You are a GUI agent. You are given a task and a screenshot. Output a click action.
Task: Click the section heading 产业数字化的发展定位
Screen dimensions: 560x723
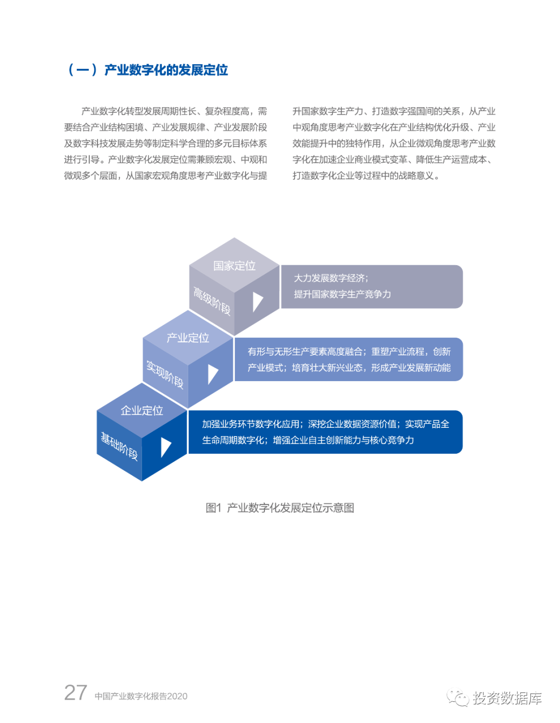click(166, 70)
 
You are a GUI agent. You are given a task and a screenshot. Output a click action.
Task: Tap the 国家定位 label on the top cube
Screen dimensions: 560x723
click(234, 266)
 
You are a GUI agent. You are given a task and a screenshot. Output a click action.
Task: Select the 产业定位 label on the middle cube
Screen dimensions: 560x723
click(188, 338)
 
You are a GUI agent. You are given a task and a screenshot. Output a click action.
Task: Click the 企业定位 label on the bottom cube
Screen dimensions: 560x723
click(142, 410)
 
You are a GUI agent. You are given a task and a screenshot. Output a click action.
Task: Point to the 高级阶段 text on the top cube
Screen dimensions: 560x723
click(212, 301)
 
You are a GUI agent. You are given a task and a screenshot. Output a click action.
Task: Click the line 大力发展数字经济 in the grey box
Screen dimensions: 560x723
click(331, 278)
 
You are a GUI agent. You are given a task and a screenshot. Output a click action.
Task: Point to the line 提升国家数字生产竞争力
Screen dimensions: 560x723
click(342, 294)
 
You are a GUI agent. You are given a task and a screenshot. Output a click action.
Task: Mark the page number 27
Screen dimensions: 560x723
click(76, 692)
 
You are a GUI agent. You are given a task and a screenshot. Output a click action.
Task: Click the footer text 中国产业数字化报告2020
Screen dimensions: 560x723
click(141, 696)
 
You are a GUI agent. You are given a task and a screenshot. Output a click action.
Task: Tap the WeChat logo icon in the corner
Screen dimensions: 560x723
click(457, 698)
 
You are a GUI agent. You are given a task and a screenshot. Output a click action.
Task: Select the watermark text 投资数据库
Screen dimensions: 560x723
click(507, 698)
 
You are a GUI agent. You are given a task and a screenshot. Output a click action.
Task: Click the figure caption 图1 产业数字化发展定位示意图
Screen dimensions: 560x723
click(280, 508)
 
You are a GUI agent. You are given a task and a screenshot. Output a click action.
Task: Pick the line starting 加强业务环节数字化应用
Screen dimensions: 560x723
click(326, 424)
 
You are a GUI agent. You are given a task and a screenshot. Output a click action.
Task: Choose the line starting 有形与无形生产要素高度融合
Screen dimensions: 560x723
click(349, 352)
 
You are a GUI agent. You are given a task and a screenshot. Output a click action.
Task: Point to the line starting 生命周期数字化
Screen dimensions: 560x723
click(308, 440)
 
